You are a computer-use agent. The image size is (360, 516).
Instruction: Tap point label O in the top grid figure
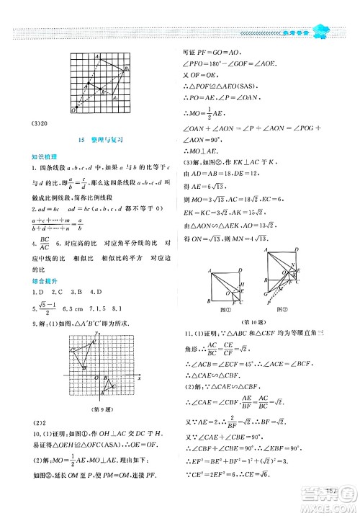[73, 110]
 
